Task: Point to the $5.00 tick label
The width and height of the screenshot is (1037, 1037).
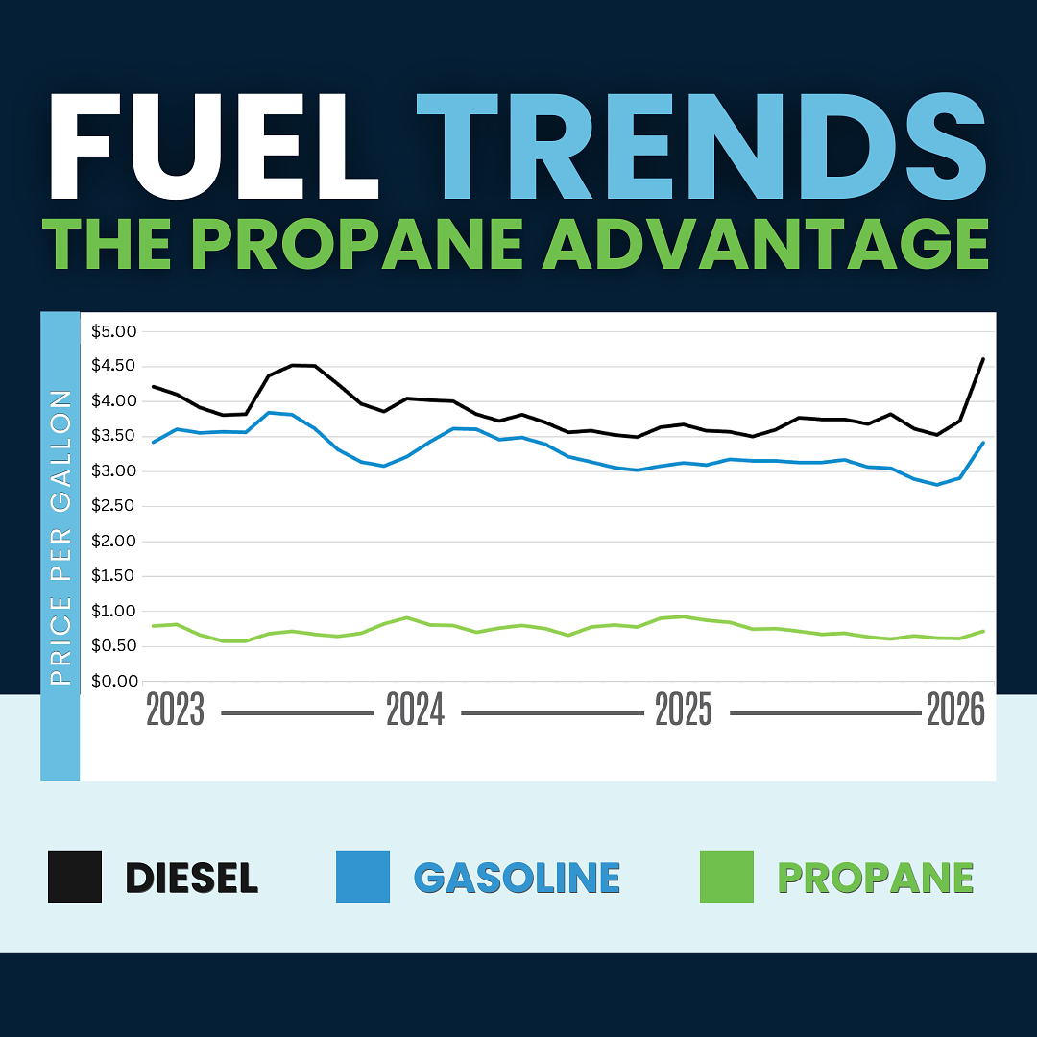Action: pos(113,331)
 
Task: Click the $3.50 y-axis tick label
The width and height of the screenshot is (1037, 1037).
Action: pos(113,436)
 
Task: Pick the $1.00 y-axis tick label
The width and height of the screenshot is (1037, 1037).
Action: pos(113,611)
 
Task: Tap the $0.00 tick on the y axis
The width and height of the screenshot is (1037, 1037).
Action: pos(113,681)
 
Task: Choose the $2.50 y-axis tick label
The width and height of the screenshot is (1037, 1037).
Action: pos(113,506)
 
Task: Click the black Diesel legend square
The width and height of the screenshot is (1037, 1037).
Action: pos(75,877)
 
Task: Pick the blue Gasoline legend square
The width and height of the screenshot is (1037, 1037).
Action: pos(363,877)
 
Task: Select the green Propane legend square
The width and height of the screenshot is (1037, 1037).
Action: pos(727,877)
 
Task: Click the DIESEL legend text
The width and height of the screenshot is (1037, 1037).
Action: pos(192,878)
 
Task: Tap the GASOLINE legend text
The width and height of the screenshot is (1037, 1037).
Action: pos(517,878)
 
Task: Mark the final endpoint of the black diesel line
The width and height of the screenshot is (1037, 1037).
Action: pos(982,359)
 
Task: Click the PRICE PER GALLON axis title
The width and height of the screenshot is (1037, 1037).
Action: pos(60,538)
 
